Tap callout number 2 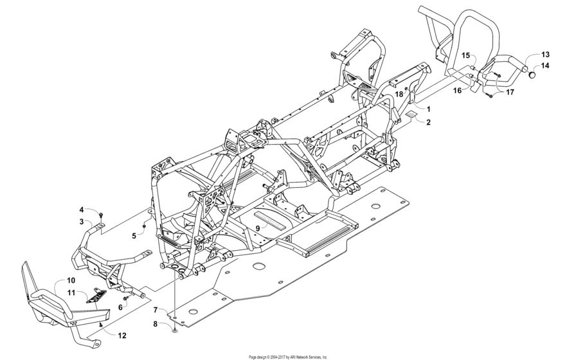(x=428, y=122)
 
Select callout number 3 (x=82, y=221)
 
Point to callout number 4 (x=82, y=210)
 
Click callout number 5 (x=134, y=236)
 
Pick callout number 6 (x=120, y=307)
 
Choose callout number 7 (x=156, y=310)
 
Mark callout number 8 (x=156, y=325)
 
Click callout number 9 (x=257, y=228)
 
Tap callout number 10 (x=71, y=280)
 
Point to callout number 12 (x=122, y=334)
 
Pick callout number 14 (x=544, y=66)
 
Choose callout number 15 (x=465, y=55)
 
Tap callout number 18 (x=399, y=94)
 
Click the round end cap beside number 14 (x=533, y=75)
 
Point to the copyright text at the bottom (x=287, y=356)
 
